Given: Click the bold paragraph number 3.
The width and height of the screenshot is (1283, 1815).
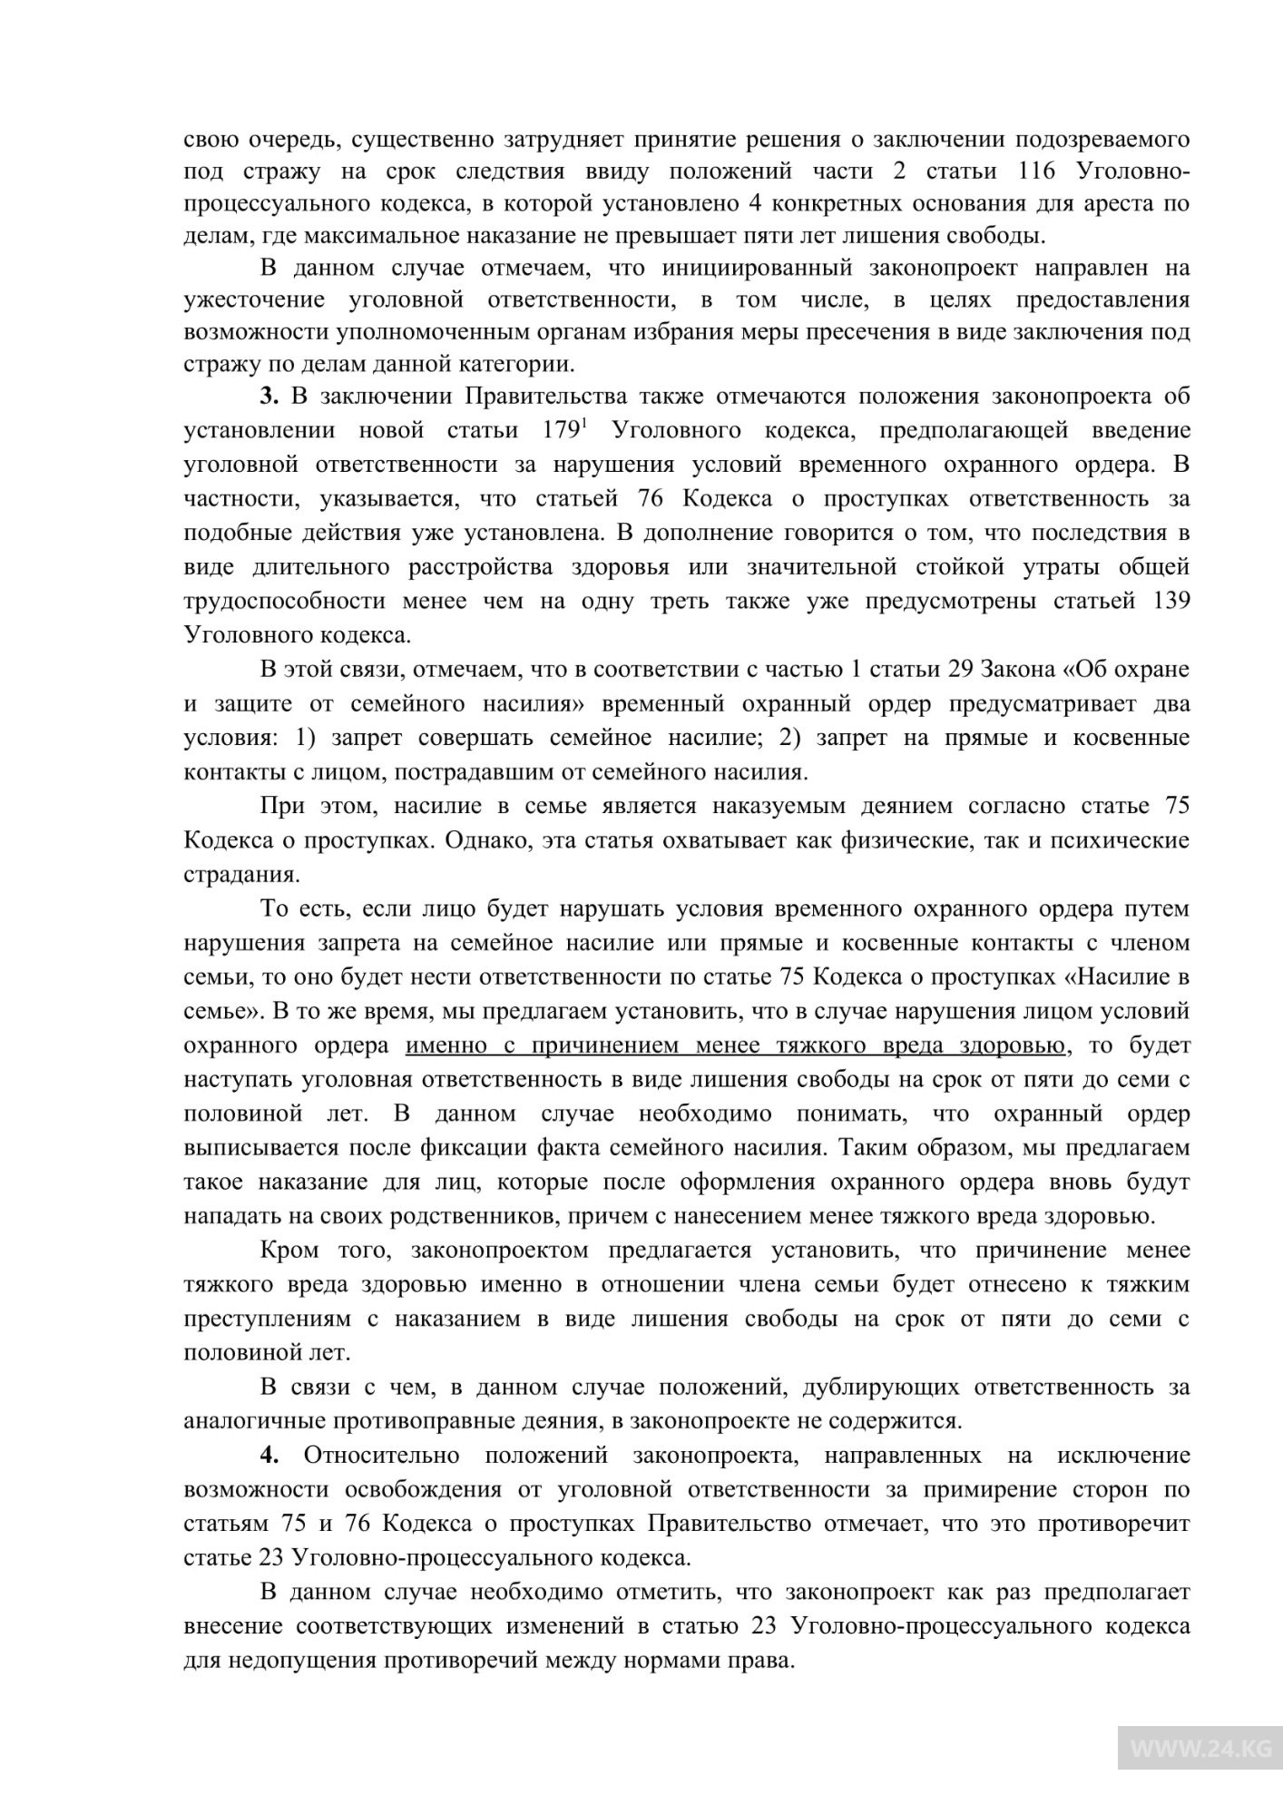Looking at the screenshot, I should (269, 397).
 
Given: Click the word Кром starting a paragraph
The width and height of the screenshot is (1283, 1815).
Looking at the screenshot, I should (289, 1250).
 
